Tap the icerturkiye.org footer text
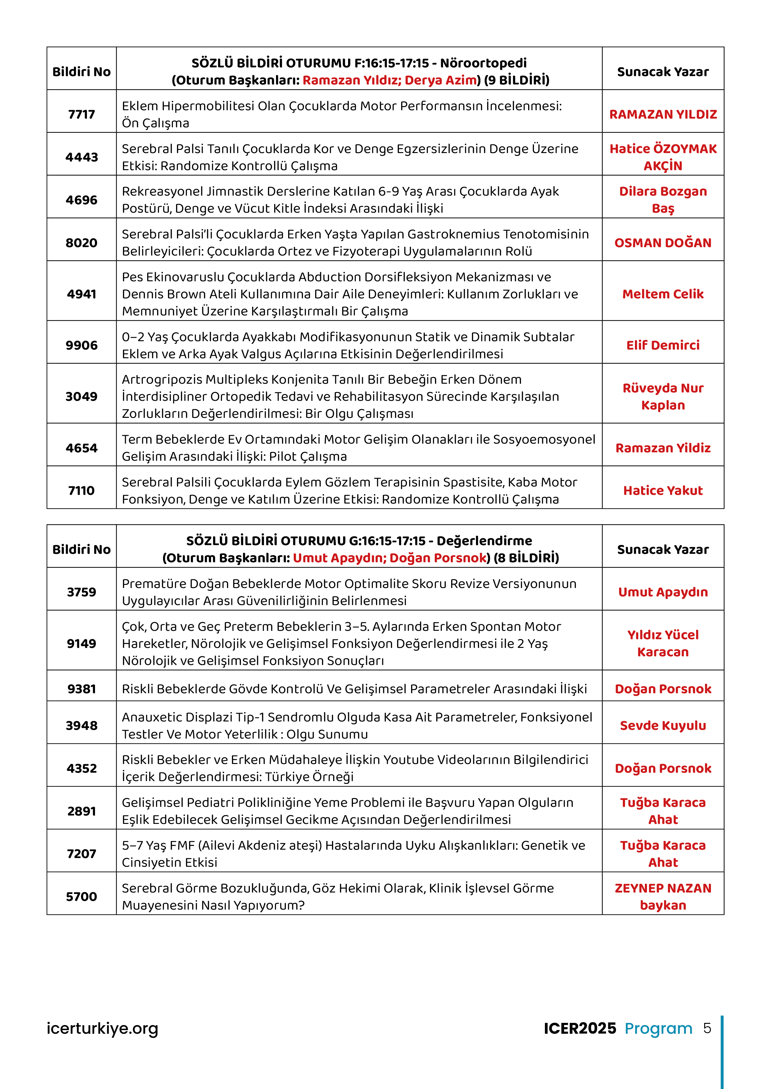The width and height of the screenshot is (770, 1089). pyautogui.click(x=102, y=1028)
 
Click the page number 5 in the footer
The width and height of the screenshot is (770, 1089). pyautogui.click(x=707, y=1028)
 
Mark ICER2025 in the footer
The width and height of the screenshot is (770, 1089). pyautogui.click(x=579, y=1028)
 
